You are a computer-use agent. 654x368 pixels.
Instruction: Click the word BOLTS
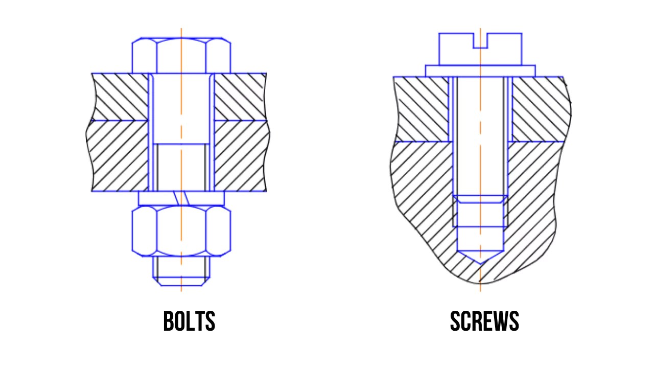[x=189, y=321]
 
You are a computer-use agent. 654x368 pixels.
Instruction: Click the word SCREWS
[x=484, y=321]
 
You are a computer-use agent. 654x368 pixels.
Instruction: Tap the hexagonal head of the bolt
[x=181, y=55]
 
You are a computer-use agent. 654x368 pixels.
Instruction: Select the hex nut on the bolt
[x=181, y=231]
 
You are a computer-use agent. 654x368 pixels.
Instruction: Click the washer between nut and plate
[x=153, y=198]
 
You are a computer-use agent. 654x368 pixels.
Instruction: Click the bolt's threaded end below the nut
[x=181, y=271]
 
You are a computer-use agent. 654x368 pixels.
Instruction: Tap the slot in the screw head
[x=480, y=41]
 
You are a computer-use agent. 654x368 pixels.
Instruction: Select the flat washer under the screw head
[x=480, y=71]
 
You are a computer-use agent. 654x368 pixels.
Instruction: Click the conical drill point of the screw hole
[x=480, y=258]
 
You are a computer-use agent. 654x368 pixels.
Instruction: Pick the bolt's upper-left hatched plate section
[x=120, y=97]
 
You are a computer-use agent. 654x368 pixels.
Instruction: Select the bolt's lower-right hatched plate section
[x=240, y=156]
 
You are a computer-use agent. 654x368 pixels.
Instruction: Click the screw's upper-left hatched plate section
[x=422, y=109]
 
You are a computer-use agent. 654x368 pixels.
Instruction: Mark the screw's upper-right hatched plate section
[x=539, y=109]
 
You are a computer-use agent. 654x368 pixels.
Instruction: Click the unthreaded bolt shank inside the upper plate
[x=181, y=107]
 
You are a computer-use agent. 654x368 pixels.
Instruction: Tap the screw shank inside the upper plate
[x=480, y=109]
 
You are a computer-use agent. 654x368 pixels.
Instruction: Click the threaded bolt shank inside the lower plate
[x=181, y=166]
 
